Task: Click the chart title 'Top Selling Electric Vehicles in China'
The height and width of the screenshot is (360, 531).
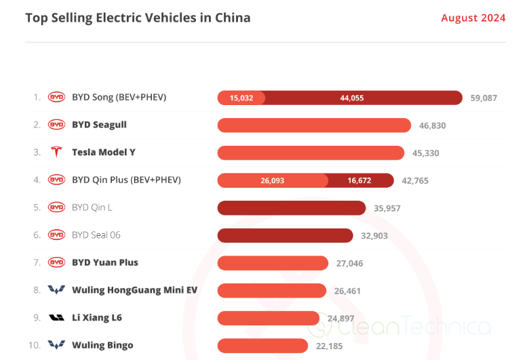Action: click(138, 18)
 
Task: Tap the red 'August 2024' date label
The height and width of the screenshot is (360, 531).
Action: click(473, 18)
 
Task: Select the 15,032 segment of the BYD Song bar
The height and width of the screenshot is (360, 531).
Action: click(241, 98)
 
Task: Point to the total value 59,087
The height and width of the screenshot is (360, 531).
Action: click(484, 98)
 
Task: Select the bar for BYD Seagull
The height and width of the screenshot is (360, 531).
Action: click(314, 125)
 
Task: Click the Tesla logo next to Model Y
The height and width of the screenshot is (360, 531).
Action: click(56, 153)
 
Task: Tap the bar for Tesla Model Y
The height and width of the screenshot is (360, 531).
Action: click(311, 153)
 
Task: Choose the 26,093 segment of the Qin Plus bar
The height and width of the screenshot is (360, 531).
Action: click(272, 180)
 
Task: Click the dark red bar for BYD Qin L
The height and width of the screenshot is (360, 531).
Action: click(292, 207)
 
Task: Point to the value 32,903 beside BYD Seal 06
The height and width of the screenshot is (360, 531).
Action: click(374, 235)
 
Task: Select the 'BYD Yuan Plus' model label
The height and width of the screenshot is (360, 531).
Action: click(104, 262)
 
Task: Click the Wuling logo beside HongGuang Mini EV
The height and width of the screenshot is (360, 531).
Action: click(56, 290)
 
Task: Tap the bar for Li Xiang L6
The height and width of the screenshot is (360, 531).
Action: click(268, 318)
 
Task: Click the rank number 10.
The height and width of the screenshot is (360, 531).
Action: click(35, 345)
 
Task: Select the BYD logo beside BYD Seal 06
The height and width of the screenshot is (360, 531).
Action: click(56, 235)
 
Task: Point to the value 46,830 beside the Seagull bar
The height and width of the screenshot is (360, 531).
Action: click(432, 125)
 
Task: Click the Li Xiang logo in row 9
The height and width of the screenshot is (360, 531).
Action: click(56, 318)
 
